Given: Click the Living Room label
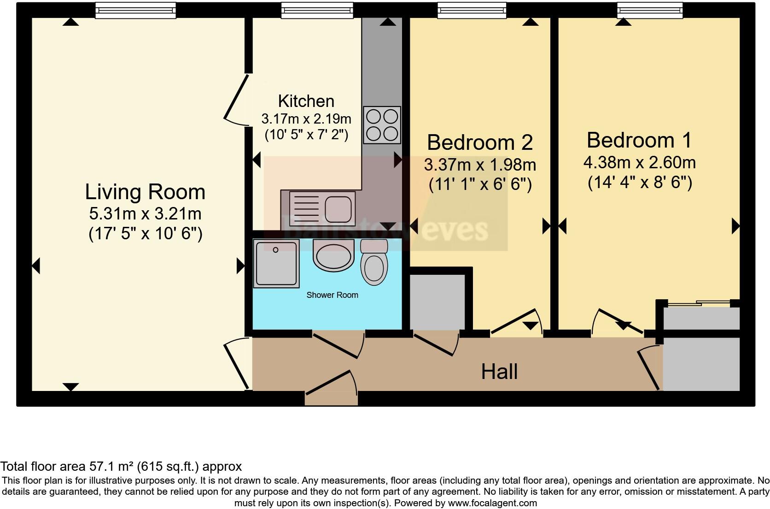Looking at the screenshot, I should point(145,192).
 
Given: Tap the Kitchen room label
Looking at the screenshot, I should point(306,101).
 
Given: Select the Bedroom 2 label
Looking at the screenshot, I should point(480,142).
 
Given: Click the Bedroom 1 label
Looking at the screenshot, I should point(639,140).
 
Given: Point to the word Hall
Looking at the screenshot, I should point(499,372).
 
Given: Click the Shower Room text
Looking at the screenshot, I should point(332,295).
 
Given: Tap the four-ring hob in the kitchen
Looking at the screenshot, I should point(382,124).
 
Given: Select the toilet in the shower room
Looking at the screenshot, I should point(373,263).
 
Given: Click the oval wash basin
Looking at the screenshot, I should point(333,254).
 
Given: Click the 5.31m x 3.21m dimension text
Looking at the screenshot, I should point(145,214).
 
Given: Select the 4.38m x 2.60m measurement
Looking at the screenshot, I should point(639,163).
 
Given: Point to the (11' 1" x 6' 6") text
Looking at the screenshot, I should point(480,185).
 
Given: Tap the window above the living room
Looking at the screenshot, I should point(135,10).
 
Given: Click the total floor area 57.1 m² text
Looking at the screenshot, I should point(121,466).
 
